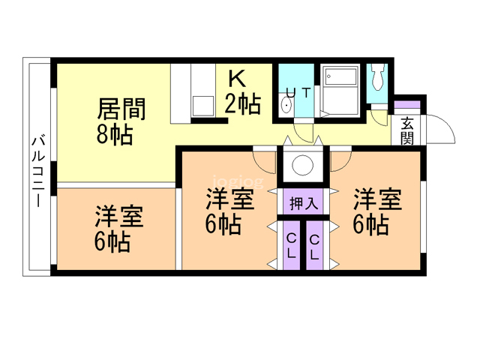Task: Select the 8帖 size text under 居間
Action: click(x=115, y=135)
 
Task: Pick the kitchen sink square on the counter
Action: click(x=203, y=104)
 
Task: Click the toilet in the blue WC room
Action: click(x=377, y=78)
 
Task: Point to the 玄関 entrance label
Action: click(x=407, y=130)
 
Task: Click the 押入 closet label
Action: click(x=302, y=202)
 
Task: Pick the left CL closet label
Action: click(x=289, y=246)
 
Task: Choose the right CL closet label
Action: click(x=314, y=246)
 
